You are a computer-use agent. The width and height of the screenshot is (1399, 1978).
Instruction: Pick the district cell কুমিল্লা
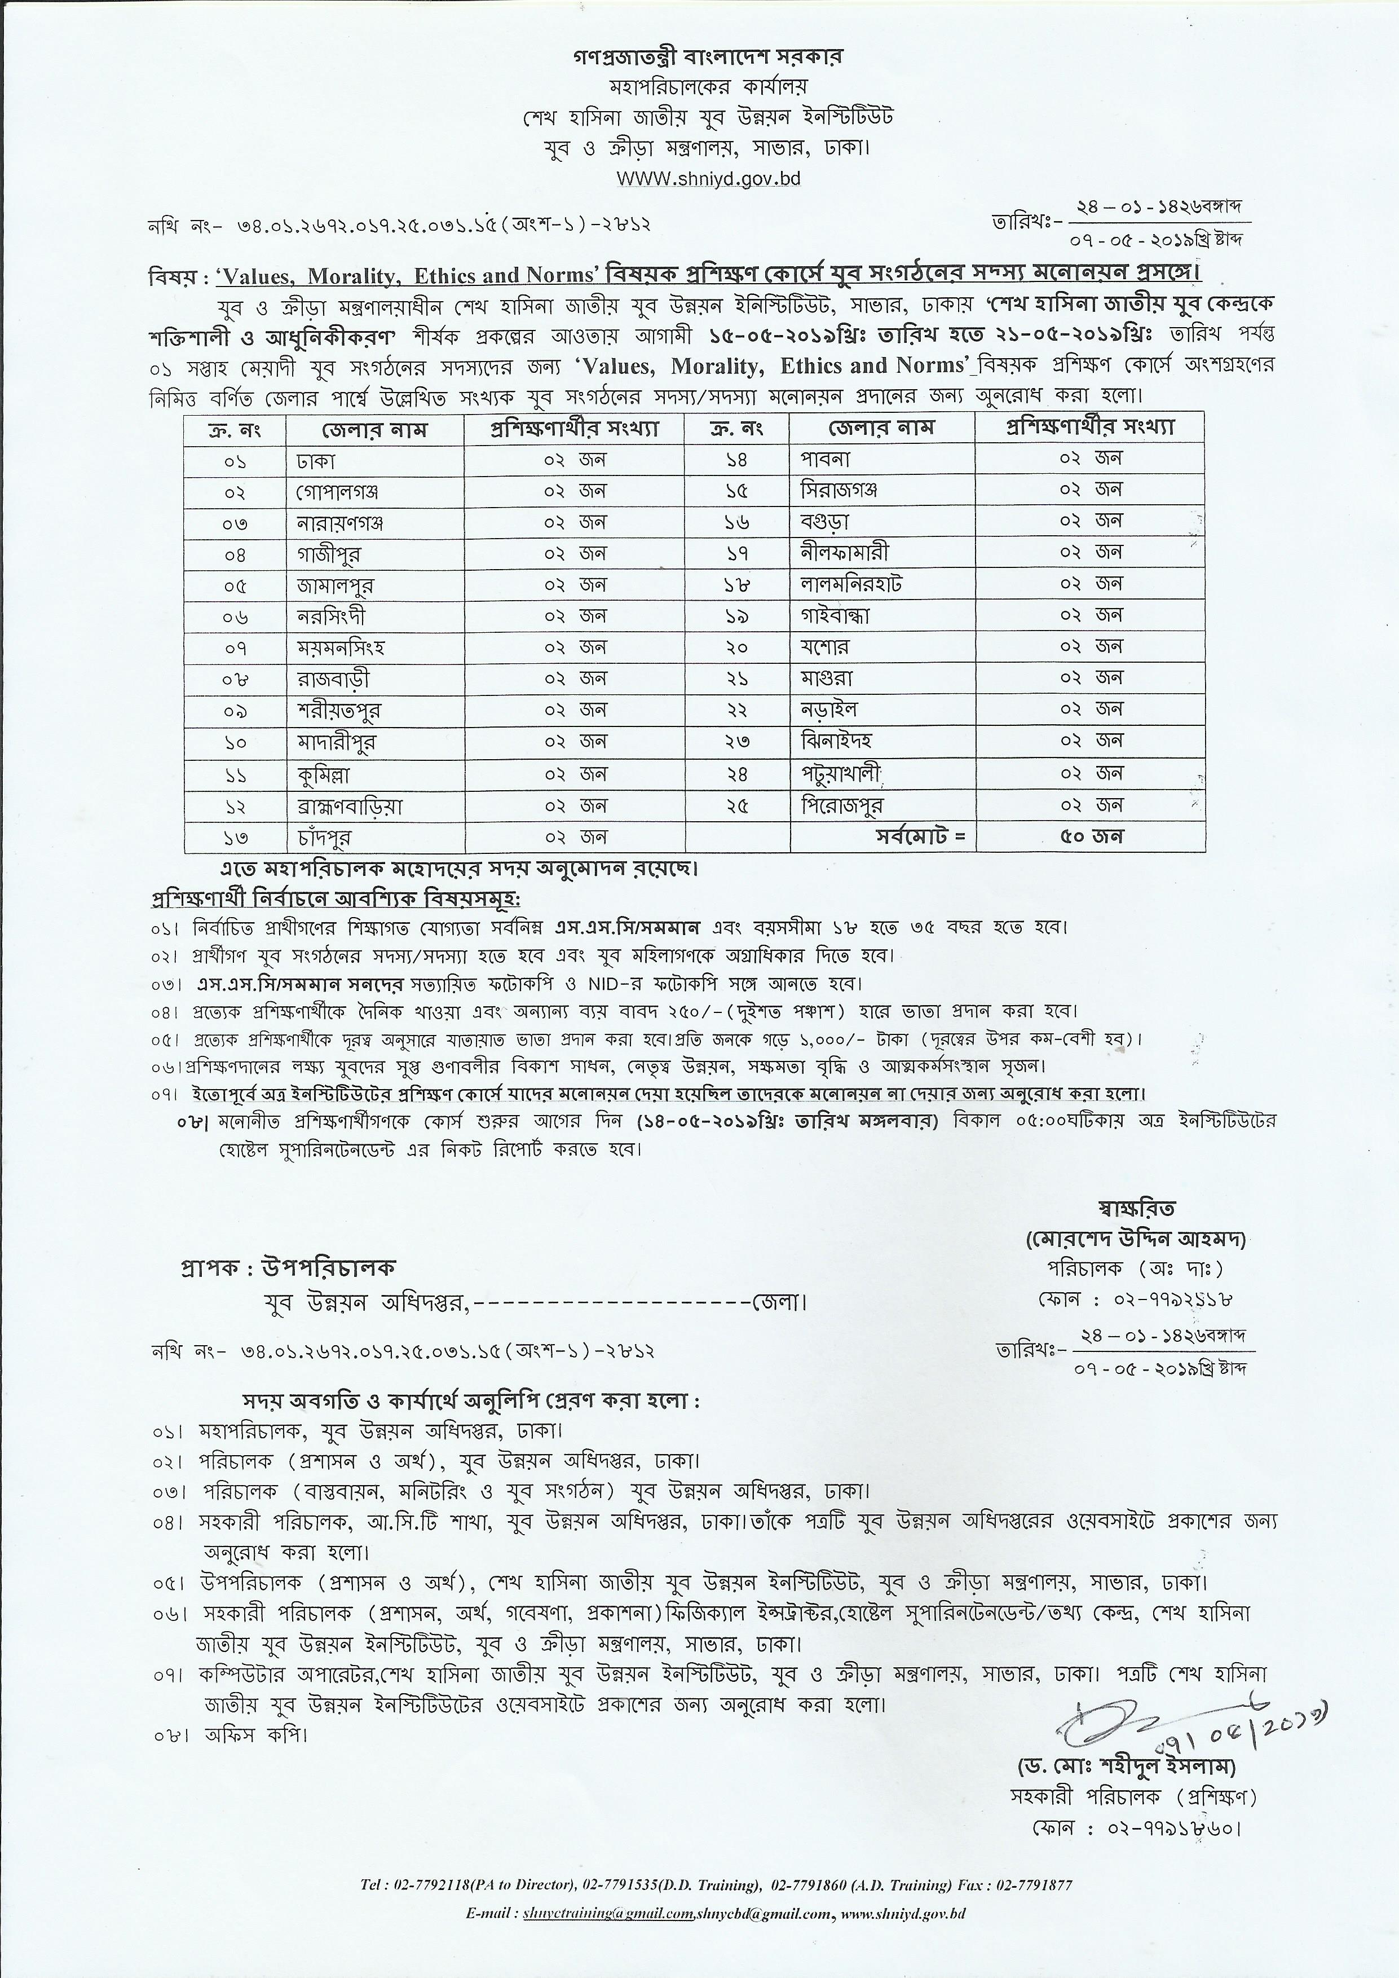[x=323, y=774]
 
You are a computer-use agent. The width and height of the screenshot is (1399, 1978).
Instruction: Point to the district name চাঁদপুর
[x=321, y=836]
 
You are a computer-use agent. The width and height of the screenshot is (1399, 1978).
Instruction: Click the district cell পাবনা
[x=826, y=459]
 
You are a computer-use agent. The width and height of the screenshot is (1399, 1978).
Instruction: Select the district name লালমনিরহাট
[x=850, y=584]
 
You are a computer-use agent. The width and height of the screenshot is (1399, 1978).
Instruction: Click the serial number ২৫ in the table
[x=738, y=805]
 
